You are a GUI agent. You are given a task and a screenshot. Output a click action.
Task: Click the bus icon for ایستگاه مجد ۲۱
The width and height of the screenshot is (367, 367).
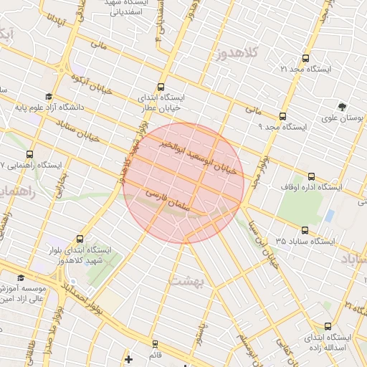306,58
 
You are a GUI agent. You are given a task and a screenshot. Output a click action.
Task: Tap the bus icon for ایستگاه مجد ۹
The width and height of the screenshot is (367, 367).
282,115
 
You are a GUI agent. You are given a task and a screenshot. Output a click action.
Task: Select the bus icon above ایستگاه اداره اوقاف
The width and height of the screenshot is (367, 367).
310,176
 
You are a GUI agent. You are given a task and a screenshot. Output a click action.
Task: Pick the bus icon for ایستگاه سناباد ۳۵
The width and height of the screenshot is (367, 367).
305,230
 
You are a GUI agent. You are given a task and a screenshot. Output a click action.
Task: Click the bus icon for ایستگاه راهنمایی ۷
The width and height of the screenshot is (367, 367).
29,153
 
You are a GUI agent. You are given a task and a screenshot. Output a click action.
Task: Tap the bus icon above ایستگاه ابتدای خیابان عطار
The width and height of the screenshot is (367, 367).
161,85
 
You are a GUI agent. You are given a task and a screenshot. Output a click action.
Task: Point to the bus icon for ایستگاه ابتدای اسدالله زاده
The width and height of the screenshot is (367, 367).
328,325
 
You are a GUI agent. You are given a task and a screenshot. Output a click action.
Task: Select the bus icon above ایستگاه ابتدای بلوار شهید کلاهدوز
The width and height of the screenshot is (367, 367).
79,239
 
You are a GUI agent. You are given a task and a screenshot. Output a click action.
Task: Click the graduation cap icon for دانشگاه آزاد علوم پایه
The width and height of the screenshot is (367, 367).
49,96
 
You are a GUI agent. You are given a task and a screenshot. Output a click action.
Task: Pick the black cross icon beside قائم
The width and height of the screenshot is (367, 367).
128,358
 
